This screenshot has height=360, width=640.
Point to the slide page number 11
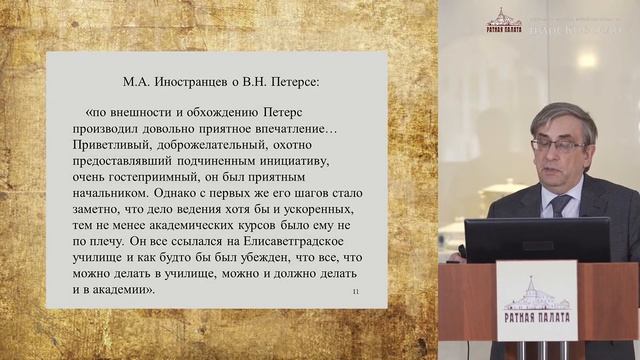(x=355, y=291)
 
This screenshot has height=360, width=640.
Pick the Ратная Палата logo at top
(x=504, y=20)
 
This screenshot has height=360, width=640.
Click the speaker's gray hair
(x=565, y=115)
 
